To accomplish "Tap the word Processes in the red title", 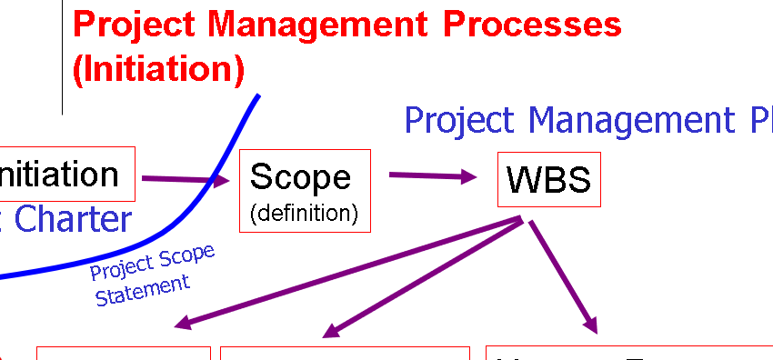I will click(x=532, y=25).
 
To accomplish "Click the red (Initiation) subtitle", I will click(x=158, y=68).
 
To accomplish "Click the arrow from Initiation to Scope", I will click(x=186, y=179).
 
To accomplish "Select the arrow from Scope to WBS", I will click(x=432, y=175).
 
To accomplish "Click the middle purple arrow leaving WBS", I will click(x=422, y=277).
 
